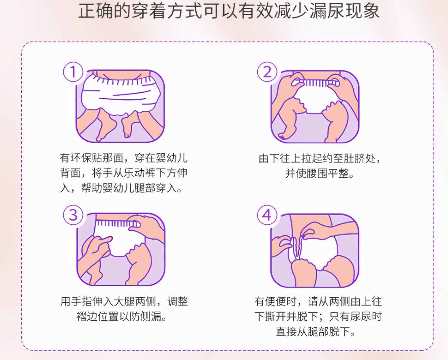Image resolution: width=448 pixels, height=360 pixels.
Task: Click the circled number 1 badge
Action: click(73, 72)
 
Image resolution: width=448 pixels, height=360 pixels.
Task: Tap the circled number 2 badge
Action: click(267, 72)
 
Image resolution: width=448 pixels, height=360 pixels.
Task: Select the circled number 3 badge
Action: click(73, 215)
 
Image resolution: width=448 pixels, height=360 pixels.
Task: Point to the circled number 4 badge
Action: click(267, 215)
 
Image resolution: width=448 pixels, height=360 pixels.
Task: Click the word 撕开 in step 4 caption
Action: click(275, 316)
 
